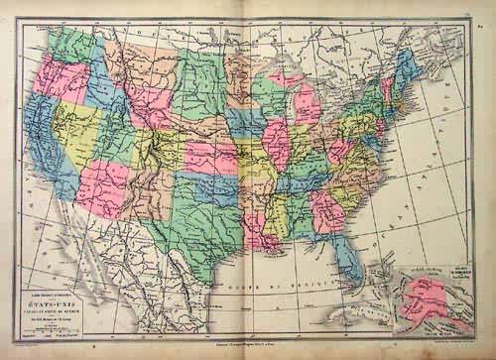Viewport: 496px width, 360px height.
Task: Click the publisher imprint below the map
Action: [x=248, y=342]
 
